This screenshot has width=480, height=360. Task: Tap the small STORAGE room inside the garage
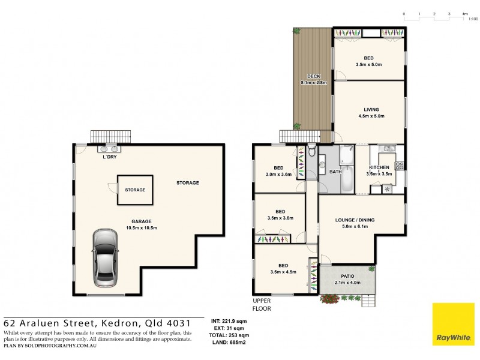coord(135,190)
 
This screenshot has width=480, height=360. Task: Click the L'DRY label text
coord(109,157)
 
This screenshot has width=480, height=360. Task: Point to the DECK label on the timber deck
coord(313,76)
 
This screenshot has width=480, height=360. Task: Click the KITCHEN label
coord(379,167)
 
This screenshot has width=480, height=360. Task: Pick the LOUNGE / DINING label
coord(355,220)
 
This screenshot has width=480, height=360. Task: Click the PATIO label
coord(347,276)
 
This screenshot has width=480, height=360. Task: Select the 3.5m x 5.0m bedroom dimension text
coord(369,64)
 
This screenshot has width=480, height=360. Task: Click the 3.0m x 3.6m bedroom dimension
coord(279,175)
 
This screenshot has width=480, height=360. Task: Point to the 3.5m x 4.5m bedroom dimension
coord(283,272)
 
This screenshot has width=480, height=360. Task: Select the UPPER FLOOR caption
coord(262,305)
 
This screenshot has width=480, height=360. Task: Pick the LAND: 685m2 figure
coord(227,342)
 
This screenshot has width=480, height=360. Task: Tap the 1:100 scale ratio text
coord(473,19)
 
